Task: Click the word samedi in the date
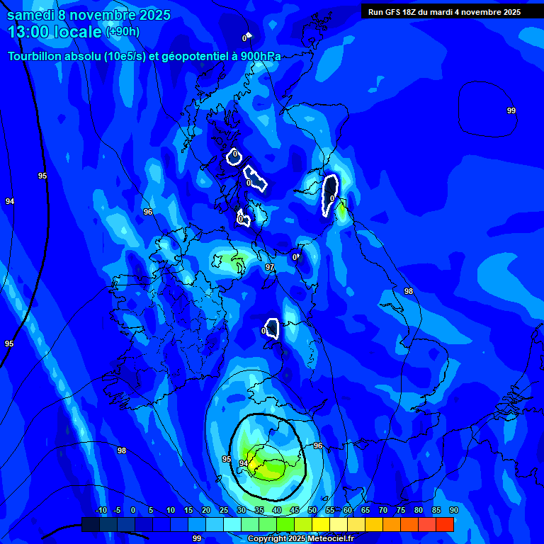pyautogui.click(x=30, y=15)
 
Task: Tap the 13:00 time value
pyautogui.click(x=29, y=32)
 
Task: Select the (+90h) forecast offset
pyautogui.click(x=123, y=32)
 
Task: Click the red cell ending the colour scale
pyautogui.click(x=444, y=524)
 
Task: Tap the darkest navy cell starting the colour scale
pyautogui.click(x=91, y=524)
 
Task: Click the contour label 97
pyautogui.click(x=269, y=267)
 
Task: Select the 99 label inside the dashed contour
pyautogui.click(x=511, y=110)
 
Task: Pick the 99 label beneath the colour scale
pyautogui.click(x=197, y=538)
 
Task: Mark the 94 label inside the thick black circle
pyautogui.click(x=243, y=463)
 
